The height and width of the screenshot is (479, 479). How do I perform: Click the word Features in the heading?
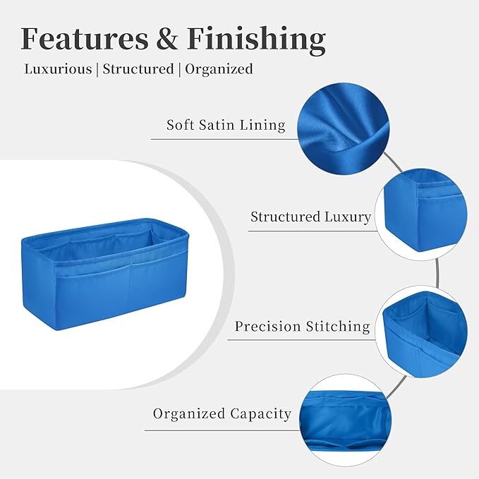85,39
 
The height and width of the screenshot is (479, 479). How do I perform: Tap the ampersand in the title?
168,39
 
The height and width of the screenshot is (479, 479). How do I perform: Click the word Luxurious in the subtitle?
58,69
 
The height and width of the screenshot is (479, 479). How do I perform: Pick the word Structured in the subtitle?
138,69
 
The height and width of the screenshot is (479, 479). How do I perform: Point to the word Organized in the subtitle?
219,70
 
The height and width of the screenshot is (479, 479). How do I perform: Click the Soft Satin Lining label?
226,126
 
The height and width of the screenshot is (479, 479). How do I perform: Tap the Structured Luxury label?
310,217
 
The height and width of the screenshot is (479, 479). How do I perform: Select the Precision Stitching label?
302,327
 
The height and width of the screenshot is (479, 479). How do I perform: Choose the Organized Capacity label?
222,415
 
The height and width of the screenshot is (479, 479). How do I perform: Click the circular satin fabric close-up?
344,128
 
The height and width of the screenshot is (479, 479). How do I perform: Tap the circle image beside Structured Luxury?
421,214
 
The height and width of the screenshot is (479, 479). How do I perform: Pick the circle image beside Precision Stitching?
421,332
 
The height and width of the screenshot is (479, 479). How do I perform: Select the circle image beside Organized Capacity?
345,420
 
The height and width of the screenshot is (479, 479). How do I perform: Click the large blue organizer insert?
105,274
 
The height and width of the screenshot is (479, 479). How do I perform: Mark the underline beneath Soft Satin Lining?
224,139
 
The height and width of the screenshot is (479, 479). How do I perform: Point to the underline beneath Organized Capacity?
222,430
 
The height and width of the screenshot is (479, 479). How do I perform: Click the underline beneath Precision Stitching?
301,340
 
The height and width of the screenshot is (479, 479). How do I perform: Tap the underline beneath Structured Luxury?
313,231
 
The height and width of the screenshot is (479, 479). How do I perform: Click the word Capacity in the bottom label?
260,415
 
